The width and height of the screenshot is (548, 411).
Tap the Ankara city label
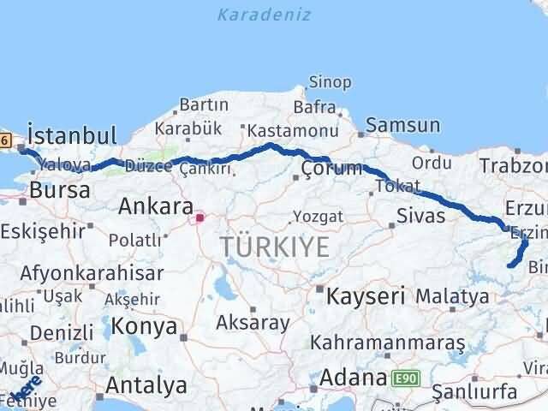tap(155, 205)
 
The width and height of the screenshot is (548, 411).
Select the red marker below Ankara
tap(200, 217)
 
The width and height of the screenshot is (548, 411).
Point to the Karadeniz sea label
tap(264, 15)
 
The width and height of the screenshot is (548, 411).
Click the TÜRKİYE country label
tap(275, 247)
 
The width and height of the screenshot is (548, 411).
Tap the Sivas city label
tap(420, 215)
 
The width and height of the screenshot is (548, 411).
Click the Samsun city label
tap(402, 126)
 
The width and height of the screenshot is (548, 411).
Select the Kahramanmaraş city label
tap(388, 342)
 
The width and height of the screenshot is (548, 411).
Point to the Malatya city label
tap(452, 296)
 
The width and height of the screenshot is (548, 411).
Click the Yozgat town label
tap(318, 215)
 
